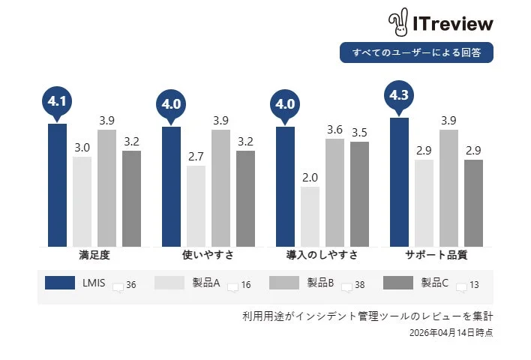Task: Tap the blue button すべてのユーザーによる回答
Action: click(416, 52)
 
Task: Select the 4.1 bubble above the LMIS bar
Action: click(57, 101)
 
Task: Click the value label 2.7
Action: click(196, 157)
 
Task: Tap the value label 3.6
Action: click(334, 130)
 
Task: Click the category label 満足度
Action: click(94, 255)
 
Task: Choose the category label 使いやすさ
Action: click(208, 255)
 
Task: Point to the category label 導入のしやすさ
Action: click(322, 255)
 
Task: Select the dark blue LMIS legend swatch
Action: click(60, 283)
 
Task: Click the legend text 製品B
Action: click(320, 283)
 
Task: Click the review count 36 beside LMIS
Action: click(131, 285)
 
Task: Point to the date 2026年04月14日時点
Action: click(451, 331)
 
